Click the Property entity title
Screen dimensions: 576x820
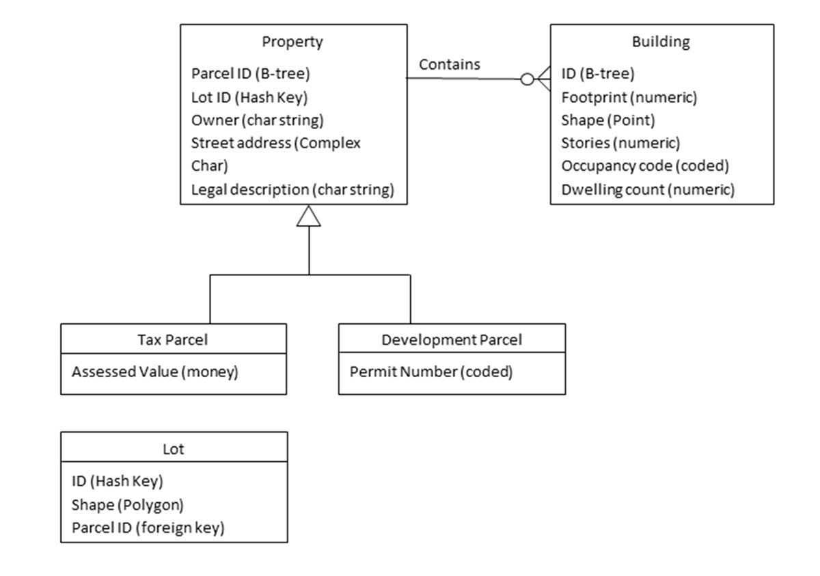pos(292,42)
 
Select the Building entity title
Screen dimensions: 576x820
pos(661,42)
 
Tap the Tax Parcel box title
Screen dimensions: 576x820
pos(173,340)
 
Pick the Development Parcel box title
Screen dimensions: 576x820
pos(451,340)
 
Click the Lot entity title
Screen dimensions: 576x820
pos(174,449)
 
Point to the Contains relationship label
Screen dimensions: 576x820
pos(449,64)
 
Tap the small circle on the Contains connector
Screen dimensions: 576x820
pos(527,79)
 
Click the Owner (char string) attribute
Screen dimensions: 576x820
pos(258,120)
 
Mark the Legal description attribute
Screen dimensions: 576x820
pos(293,190)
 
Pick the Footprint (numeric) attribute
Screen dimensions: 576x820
pos(629,98)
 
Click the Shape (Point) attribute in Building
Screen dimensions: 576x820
pos(607,120)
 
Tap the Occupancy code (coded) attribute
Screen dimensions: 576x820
pos(645,166)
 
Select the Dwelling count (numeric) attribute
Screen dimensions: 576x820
pos(647,190)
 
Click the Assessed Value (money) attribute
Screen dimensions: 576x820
pos(154,372)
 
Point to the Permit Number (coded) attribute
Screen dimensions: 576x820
pos(430,372)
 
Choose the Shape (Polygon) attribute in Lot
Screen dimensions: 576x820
pos(128,504)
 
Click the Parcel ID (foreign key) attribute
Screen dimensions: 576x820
pos(148,527)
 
